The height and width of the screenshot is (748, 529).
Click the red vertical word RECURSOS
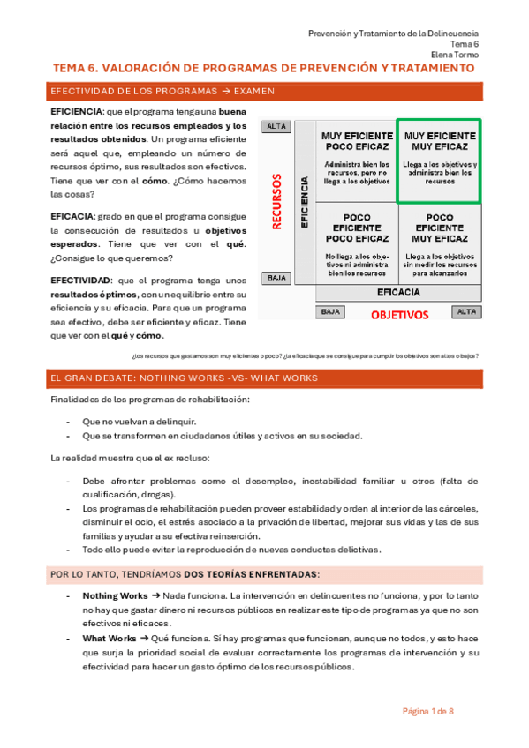click(276, 201)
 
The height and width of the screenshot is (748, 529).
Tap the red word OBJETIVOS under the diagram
click(399, 314)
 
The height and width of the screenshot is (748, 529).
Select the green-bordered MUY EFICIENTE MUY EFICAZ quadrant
click(439, 161)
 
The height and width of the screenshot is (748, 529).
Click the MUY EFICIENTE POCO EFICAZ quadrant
click(357, 161)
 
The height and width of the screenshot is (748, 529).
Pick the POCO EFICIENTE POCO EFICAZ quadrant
click(357, 242)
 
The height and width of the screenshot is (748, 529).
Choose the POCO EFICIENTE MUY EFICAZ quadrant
click(439, 242)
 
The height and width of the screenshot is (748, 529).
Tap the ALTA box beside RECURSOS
click(276, 127)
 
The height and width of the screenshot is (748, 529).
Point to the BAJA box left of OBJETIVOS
click(330, 312)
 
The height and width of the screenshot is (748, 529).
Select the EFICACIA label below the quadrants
click(398, 293)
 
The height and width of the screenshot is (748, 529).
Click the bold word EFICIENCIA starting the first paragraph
click(77, 112)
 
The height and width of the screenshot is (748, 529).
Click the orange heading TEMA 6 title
click(263, 68)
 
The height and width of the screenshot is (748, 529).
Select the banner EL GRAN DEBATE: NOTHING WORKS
click(185, 378)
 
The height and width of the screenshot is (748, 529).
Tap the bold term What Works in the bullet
click(110, 638)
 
